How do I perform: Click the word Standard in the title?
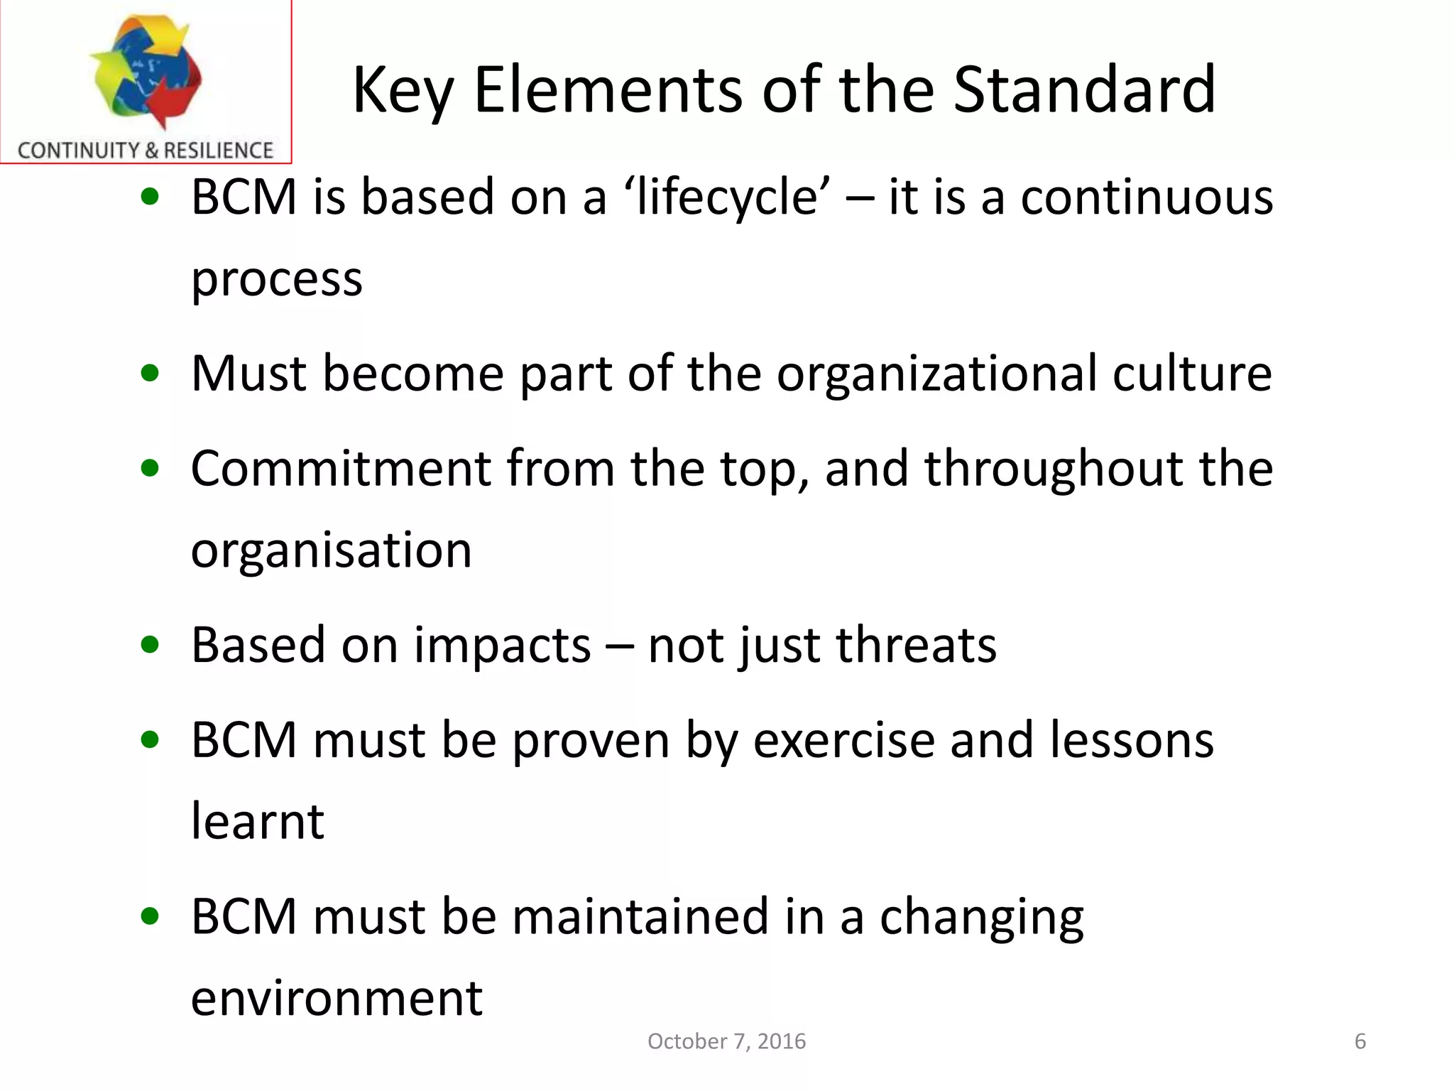coord(1084,90)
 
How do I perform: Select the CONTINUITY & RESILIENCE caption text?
coord(146,151)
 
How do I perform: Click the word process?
coord(277,280)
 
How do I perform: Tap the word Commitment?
coord(341,469)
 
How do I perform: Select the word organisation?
coord(332,550)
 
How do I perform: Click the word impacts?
coord(503,646)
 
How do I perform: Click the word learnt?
coord(258,822)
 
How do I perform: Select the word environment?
coord(337,998)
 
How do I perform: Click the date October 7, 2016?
coord(726,1041)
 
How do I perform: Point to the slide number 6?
coord(1360,1041)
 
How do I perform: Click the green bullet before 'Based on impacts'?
coord(150,645)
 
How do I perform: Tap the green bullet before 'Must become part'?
coord(150,373)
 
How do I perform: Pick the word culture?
coord(1192,374)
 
